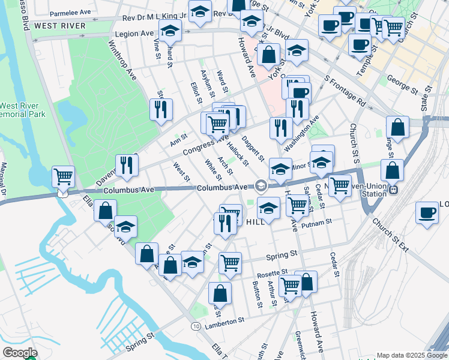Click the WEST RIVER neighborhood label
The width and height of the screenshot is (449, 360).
coord(59,26)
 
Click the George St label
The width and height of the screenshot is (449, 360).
coord(402,85)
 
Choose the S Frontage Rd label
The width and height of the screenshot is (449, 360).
coord(345,91)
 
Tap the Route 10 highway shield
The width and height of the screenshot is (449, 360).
coord(196,326)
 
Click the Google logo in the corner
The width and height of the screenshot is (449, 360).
coord(19,353)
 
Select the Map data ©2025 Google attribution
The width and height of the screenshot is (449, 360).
coord(412,355)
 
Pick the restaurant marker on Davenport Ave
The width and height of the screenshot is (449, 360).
coord(126,166)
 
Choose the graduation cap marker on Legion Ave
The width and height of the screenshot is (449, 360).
coord(170,31)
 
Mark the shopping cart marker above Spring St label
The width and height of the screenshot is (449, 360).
coord(231,263)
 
